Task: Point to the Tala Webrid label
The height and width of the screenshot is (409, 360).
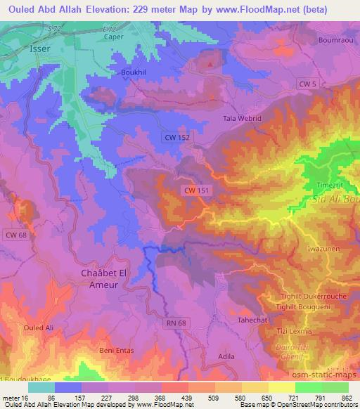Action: [x=242, y=119]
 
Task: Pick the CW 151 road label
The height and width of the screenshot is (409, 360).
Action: [x=197, y=190]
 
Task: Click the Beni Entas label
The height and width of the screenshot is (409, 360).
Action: [x=115, y=349]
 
